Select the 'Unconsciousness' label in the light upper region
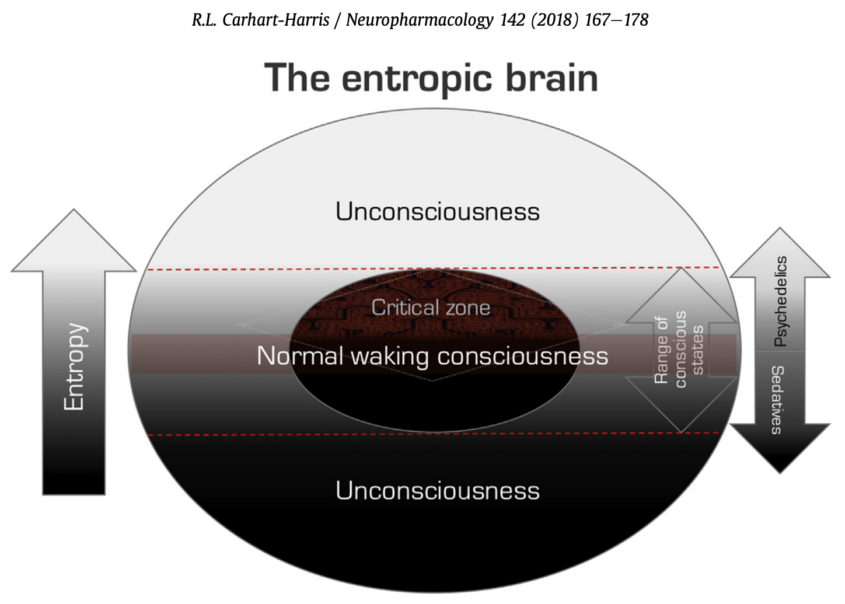click(437, 211)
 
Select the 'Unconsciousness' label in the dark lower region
click(437, 491)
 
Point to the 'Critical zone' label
click(431, 308)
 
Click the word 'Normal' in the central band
click(300, 356)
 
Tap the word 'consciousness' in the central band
click(522, 356)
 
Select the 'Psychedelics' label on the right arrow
click(780, 301)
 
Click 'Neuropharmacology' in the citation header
click(420, 20)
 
